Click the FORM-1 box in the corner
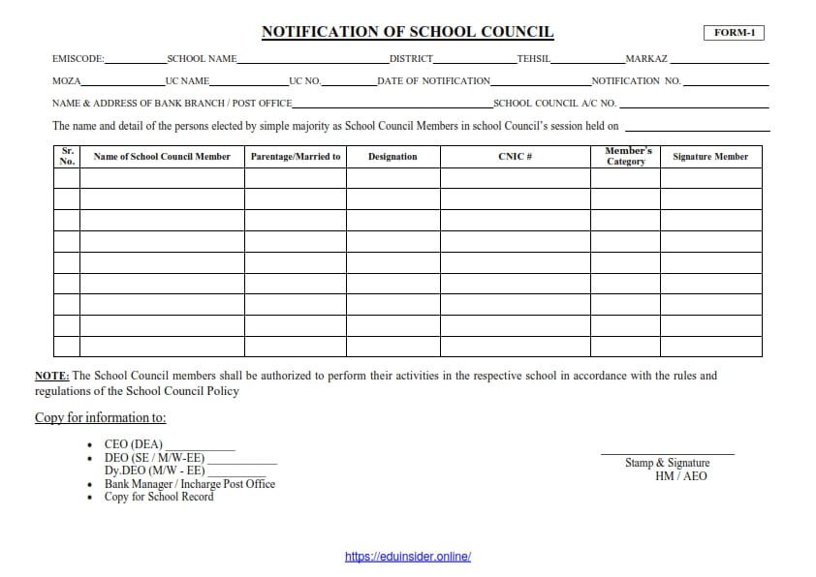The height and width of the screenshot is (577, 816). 734,33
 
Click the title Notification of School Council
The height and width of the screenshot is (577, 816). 407,32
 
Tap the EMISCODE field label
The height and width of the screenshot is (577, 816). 78,59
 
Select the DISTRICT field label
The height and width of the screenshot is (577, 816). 411,59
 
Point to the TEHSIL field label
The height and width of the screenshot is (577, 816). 534,59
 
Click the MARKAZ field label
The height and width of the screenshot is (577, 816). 646,59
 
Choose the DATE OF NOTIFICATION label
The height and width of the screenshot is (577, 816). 434,81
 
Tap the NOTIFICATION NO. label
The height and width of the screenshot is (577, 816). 636,81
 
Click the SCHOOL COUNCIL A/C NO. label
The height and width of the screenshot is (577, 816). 554,103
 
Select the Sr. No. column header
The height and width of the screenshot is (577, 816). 67,156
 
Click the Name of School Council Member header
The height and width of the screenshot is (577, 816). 162,157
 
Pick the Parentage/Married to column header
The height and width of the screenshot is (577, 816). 296,157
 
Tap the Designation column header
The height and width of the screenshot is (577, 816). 392,157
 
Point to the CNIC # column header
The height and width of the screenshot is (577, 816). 516,157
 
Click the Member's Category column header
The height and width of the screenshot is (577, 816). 626,156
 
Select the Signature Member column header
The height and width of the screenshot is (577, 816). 710,157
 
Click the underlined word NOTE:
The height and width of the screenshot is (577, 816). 52,376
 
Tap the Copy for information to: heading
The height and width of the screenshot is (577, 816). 101,418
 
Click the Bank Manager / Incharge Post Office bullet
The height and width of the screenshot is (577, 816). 190,484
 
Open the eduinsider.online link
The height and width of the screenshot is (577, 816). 408,557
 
